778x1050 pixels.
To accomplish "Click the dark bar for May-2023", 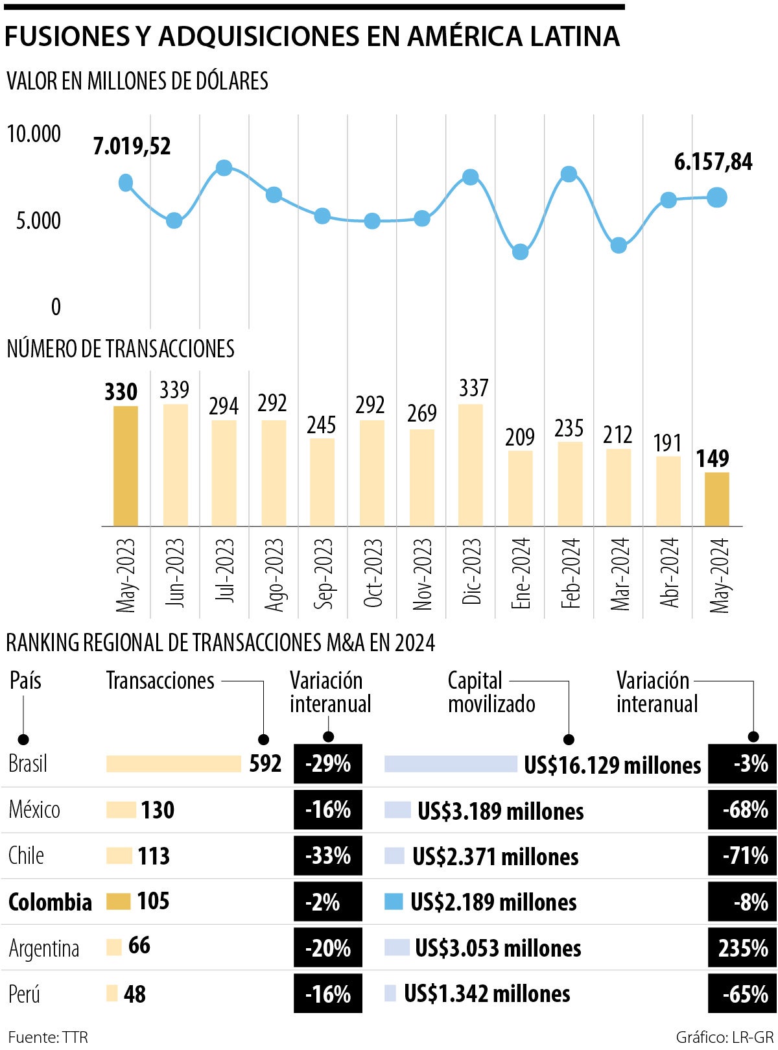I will tap(126, 466).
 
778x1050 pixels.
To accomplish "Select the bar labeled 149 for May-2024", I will tap(716, 499).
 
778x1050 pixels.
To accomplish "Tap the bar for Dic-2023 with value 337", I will tap(471, 464).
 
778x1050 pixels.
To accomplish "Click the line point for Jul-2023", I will tap(224, 168).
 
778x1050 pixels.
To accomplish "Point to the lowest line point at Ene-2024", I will tap(520, 252).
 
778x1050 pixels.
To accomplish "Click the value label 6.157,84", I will tap(713, 161).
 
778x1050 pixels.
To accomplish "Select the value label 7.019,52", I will tap(132, 147).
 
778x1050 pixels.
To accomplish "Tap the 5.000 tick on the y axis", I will tap(38, 221).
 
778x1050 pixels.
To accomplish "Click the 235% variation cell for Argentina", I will tap(742, 948).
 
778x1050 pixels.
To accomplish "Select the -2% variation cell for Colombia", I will tap(327, 902).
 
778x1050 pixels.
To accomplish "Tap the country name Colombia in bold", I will tap(50, 902).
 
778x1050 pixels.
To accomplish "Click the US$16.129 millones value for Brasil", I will tap(612, 765).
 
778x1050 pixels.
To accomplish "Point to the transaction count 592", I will tap(265, 763).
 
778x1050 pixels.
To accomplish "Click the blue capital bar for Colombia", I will tap(394, 901).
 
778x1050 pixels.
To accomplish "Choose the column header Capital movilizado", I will tap(491, 692).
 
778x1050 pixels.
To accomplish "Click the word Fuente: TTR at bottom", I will tap(47, 1036).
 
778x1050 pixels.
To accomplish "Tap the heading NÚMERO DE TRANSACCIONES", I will tap(121, 349).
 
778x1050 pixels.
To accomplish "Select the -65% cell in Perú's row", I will tap(742, 994).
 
